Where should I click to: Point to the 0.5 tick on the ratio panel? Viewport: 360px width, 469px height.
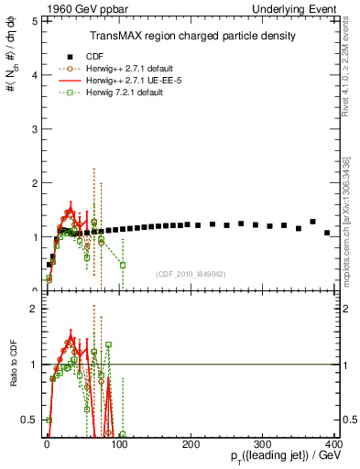[30, 420]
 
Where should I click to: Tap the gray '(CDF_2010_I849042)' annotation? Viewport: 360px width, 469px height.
[191, 273]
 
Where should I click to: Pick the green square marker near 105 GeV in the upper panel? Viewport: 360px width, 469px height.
[122, 265]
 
